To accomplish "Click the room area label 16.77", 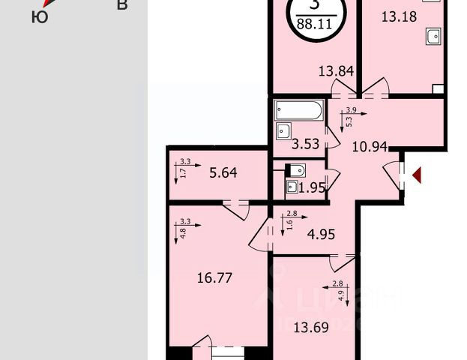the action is pyautogui.click(x=214, y=278).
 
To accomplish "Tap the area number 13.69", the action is pyautogui.click(x=313, y=327).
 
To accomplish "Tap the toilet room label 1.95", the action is pyautogui.click(x=312, y=187).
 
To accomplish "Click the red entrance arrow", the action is pyautogui.click(x=418, y=175).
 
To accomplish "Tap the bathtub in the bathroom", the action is pyautogui.click(x=298, y=110).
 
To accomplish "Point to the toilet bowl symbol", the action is pyautogui.click(x=294, y=169).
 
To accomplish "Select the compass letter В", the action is pyautogui.click(x=122, y=6).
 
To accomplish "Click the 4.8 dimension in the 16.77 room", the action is pyautogui.click(x=182, y=232).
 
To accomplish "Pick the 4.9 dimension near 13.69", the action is pyautogui.click(x=342, y=295).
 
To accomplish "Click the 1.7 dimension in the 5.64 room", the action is pyautogui.click(x=182, y=172).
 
